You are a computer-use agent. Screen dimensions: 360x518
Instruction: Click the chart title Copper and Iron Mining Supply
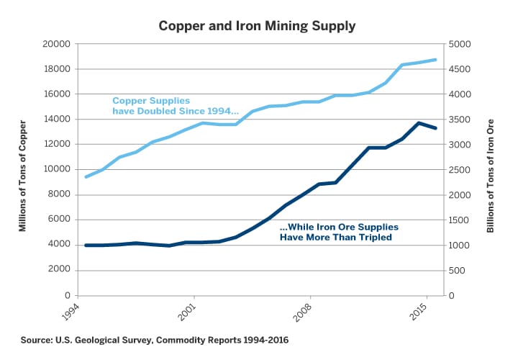click(x=259, y=26)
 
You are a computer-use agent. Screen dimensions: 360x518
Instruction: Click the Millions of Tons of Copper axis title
click(x=22, y=170)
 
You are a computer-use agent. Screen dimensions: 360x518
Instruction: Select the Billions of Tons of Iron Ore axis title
click(x=493, y=170)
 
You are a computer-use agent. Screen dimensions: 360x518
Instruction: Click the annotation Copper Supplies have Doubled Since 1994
click(x=175, y=106)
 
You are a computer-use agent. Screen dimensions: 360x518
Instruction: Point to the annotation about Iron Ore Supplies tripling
click(x=338, y=232)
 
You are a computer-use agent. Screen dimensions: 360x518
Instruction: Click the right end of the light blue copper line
click(x=436, y=60)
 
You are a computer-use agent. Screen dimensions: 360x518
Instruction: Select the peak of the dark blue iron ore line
click(x=419, y=123)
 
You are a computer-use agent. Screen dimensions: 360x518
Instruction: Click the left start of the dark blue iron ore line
click(x=86, y=246)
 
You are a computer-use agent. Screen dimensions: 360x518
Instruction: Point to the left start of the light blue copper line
click(x=86, y=177)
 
